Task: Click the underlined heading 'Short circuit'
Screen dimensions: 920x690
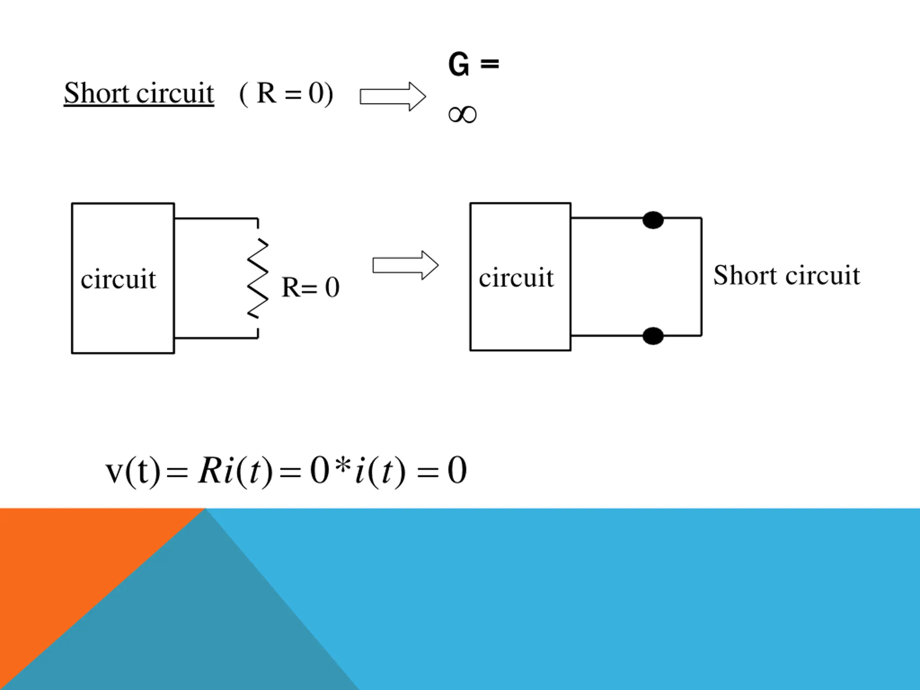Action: (x=139, y=93)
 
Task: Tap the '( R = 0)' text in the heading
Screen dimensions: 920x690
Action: (x=286, y=93)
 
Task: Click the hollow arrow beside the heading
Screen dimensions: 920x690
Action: (x=393, y=96)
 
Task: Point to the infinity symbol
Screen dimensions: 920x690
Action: (x=463, y=114)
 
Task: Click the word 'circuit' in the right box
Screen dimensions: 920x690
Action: (x=516, y=277)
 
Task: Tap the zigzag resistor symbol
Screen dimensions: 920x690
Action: (x=258, y=278)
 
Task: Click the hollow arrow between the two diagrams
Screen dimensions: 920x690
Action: (x=405, y=265)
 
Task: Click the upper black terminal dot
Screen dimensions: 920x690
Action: (x=653, y=220)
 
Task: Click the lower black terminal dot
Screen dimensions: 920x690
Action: (x=653, y=336)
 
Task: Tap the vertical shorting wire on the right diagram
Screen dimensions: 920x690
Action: (x=701, y=277)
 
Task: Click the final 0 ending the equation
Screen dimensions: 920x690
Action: (x=457, y=470)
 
